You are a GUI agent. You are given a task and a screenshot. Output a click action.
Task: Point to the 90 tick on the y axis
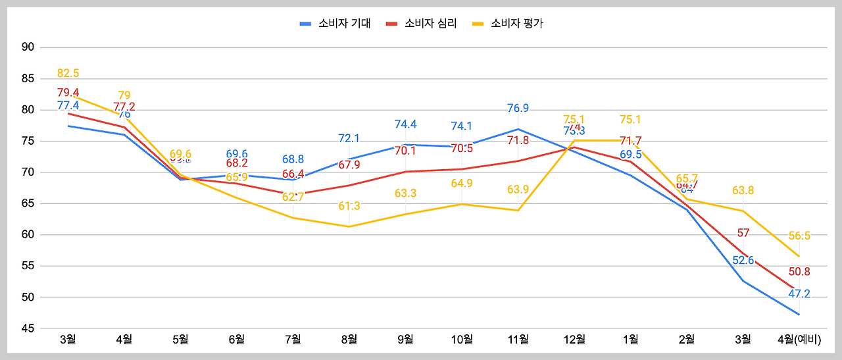tap(28, 47)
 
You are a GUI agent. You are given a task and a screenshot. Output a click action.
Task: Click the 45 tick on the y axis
tap(28, 328)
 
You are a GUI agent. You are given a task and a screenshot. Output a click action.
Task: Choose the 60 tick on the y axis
tap(28, 235)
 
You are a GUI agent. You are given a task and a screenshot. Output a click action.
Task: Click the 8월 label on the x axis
tap(349, 340)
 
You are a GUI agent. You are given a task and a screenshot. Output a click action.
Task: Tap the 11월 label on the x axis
tap(518, 340)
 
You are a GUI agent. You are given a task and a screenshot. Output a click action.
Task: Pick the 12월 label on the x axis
tap(574, 340)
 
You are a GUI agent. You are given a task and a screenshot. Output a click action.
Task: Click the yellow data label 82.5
tap(68, 73)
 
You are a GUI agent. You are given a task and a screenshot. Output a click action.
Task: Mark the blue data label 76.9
tap(518, 108)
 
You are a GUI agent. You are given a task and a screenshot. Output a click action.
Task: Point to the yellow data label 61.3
tap(349, 206)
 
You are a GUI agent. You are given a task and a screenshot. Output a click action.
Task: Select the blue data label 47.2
tap(799, 294)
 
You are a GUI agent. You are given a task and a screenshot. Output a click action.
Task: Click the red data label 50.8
tap(799, 272)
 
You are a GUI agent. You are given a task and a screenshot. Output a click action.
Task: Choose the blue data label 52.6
tap(743, 260)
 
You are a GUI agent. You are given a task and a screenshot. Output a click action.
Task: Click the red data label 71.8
tap(518, 140)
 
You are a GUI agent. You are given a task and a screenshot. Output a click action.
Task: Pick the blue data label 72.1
tap(349, 138)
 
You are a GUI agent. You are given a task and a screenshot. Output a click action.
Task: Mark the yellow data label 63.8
tap(743, 191)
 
